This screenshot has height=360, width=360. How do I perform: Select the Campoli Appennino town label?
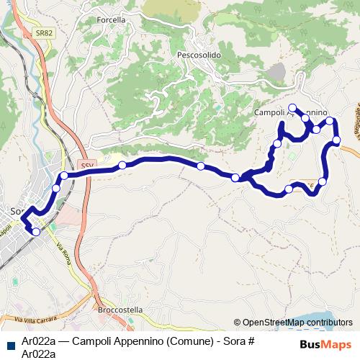point(292,113)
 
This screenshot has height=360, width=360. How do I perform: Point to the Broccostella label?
point(120,310)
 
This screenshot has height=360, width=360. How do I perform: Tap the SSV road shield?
point(87,164)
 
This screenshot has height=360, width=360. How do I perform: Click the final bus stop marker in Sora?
point(36,231)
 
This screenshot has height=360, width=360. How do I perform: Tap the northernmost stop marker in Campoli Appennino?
point(292,108)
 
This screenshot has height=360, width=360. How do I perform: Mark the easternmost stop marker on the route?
point(336,140)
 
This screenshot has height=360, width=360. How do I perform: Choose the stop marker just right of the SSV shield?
point(122,166)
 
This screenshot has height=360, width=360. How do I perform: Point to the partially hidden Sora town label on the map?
point(17,211)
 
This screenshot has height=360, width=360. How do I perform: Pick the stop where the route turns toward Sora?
point(64,176)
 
